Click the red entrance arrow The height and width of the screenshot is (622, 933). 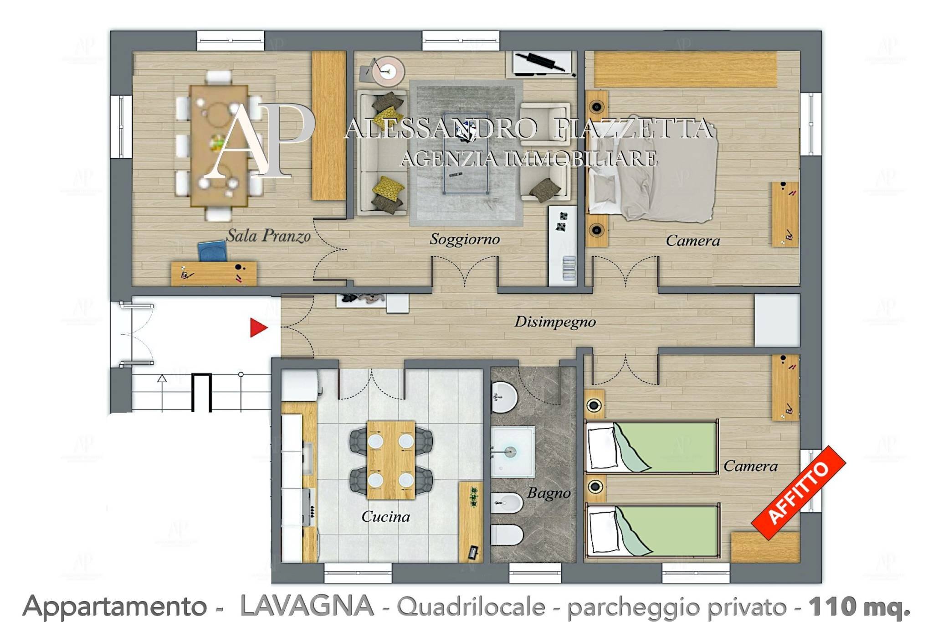tap(258, 328)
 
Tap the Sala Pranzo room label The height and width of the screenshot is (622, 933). tap(268, 236)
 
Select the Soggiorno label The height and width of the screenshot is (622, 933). tap(465, 239)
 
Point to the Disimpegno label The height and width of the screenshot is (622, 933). tap(555, 322)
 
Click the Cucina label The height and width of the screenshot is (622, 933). tap(385, 516)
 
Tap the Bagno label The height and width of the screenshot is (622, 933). tap(549, 493)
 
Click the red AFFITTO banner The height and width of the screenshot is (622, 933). tap(798, 493)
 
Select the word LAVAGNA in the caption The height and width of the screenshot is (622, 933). tap(307, 606)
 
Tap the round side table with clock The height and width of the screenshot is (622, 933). tap(388, 70)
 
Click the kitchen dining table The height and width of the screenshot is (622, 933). tap(390, 460)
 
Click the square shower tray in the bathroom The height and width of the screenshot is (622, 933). tap(513, 452)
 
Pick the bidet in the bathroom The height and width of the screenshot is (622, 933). tap(507, 503)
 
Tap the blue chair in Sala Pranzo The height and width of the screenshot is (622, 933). tap(212, 251)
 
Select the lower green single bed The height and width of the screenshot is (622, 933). tap(651, 530)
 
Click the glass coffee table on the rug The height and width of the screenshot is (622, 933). tap(466, 153)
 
